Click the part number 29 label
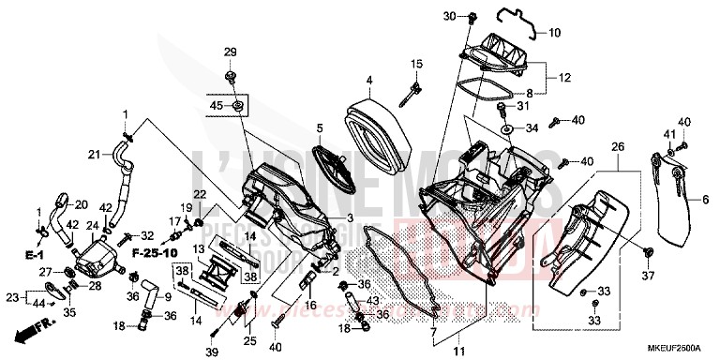click(x=230, y=51)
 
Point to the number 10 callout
click(x=554, y=32)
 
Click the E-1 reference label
click(x=34, y=254)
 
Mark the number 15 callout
click(x=415, y=63)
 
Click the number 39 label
click(x=213, y=351)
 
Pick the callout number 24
click(x=93, y=226)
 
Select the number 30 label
click(x=448, y=17)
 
